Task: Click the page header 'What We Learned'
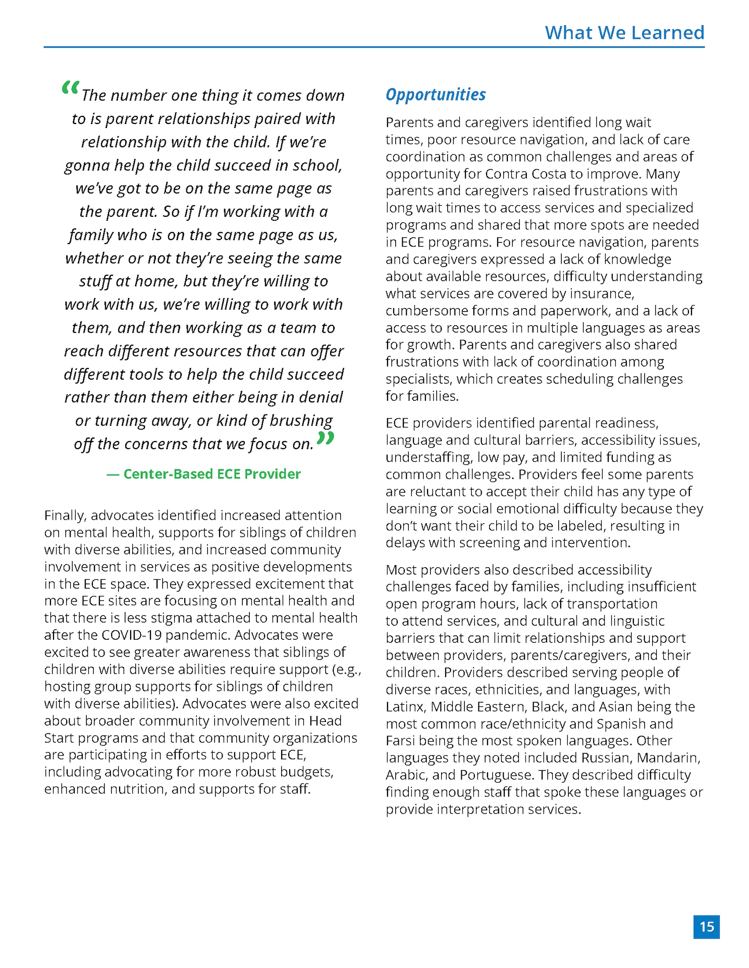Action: click(624, 33)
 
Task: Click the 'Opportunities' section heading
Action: click(436, 94)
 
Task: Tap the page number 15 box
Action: click(706, 927)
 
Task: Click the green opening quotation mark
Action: click(70, 89)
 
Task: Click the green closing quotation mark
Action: click(326, 438)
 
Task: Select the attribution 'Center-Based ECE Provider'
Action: click(211, 474)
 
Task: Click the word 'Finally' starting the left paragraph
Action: click(66, 515)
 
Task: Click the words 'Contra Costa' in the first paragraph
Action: click(525, 174)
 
